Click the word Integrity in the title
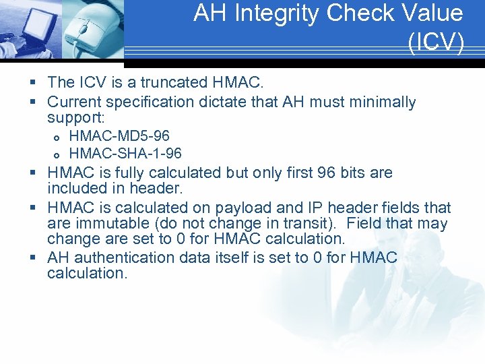270,13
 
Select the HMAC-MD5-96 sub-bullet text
119,137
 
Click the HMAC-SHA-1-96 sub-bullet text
125,154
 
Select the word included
75,189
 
